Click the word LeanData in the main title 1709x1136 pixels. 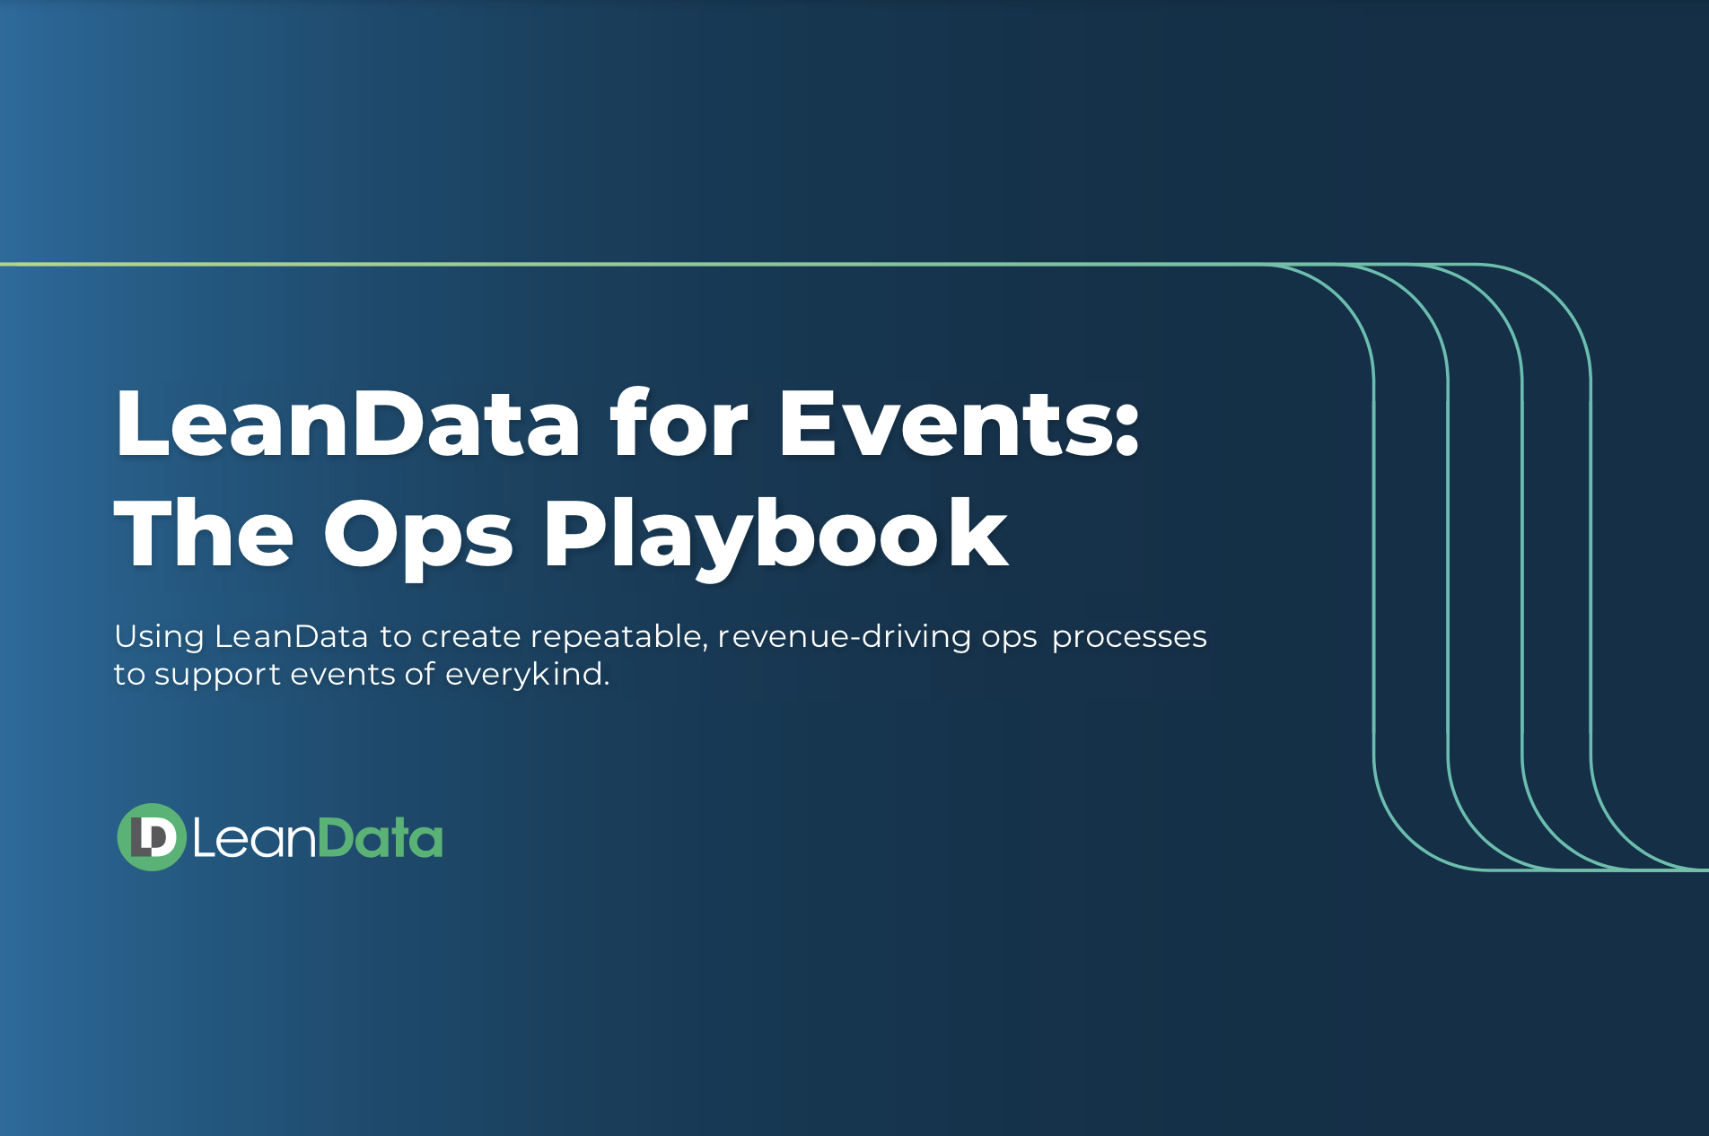(x=347, y=424)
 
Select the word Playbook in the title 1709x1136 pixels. (x=776, y=535)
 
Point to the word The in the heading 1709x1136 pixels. (x=204, y=535)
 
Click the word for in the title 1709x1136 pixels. (x=679, y=424)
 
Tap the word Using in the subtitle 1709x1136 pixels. (x=159, y=637)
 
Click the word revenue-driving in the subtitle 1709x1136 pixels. (x=844, y=636)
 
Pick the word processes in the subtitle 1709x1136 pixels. (x=1128, y=638)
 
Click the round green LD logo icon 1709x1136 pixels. (x=151, y=836)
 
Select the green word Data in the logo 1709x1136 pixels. (x=381, y=838)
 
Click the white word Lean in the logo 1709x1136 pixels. (x=254, y=838)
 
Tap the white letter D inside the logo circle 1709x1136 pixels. (x=159, y=836)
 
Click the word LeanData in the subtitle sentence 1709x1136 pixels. (x=291, y=636)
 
